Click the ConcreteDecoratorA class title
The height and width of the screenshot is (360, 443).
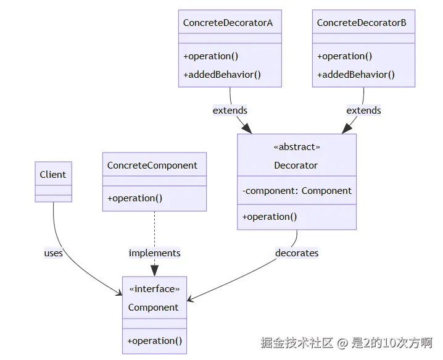pos(228,23)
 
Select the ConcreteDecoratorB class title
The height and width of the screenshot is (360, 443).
pos(362,23)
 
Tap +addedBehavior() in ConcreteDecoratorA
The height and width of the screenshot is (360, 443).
pos(222,75)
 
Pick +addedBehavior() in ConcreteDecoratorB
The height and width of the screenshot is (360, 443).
pos(356,75)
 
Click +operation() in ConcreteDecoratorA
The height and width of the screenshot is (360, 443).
pos(211,56)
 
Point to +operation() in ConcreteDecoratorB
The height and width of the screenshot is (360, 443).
pos(345,56)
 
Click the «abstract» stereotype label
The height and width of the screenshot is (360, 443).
pos(297,147)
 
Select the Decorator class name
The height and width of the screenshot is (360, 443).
pos(296,165)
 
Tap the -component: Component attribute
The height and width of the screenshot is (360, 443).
pos(297,191)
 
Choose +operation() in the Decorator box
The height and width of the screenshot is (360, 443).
pos(270,217)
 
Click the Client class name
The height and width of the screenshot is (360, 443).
pos(53,175)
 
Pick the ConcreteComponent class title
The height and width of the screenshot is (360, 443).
pos(152,165)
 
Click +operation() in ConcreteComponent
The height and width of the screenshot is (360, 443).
pos(135,198)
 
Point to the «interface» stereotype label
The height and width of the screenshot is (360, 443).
pos(154,289)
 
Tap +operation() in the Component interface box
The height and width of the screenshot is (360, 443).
pos(154,341)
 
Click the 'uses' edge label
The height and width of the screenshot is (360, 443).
pos(54,253)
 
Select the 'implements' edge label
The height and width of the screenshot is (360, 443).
pos(154,253)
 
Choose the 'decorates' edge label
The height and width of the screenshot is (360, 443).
pos(297,253)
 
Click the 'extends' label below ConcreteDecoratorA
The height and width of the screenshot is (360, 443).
pos(230,111)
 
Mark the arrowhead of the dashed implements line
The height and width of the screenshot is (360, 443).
pos(154,270)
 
